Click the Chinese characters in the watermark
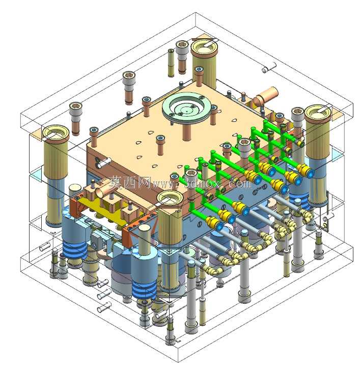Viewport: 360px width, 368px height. (x=130, y=182)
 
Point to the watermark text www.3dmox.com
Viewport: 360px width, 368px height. (x=201, y=183)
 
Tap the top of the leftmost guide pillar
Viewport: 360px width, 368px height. (x=56, y=132)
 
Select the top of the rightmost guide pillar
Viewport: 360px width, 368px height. (x=318, y=112)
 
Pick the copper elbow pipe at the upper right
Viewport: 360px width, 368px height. (x=265, y=96)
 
